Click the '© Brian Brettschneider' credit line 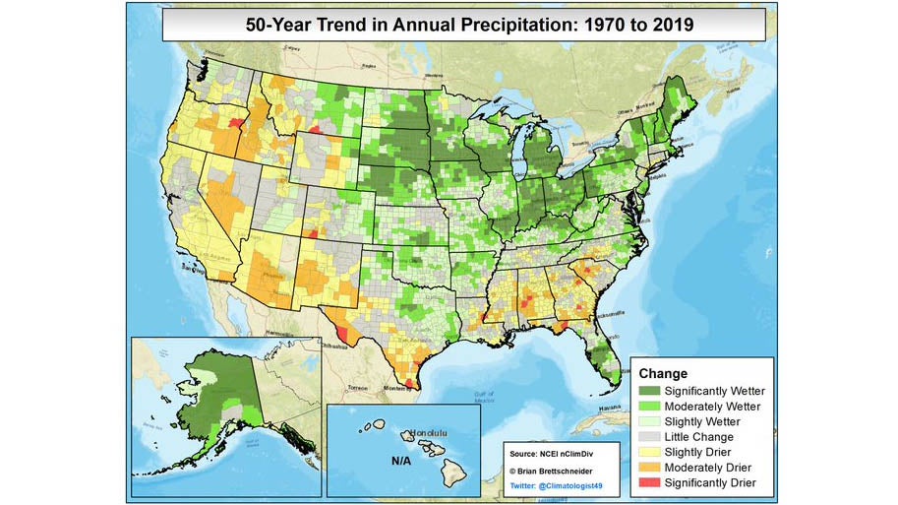pyautogui.click(x=553, y=471)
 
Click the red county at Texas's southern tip pyautogui.click(x=411, y=383)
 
